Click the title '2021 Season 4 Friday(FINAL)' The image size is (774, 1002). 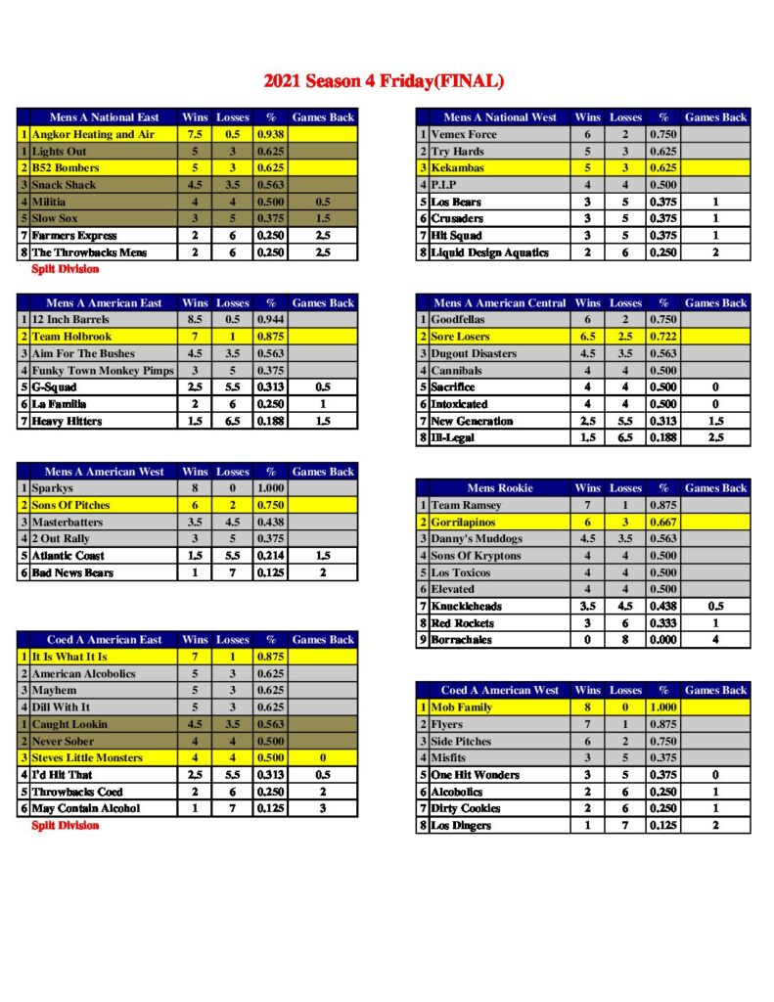[384, 80]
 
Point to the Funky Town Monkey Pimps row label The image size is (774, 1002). [94, 371]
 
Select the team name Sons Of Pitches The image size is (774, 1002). [71, 505]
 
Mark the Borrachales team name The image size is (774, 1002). [462, 640]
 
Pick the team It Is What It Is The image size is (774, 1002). [69, 657]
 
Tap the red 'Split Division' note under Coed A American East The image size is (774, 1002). [66, 826]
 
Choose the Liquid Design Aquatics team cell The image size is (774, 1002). [490, 252]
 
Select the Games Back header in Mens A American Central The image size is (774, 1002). [715, 303]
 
